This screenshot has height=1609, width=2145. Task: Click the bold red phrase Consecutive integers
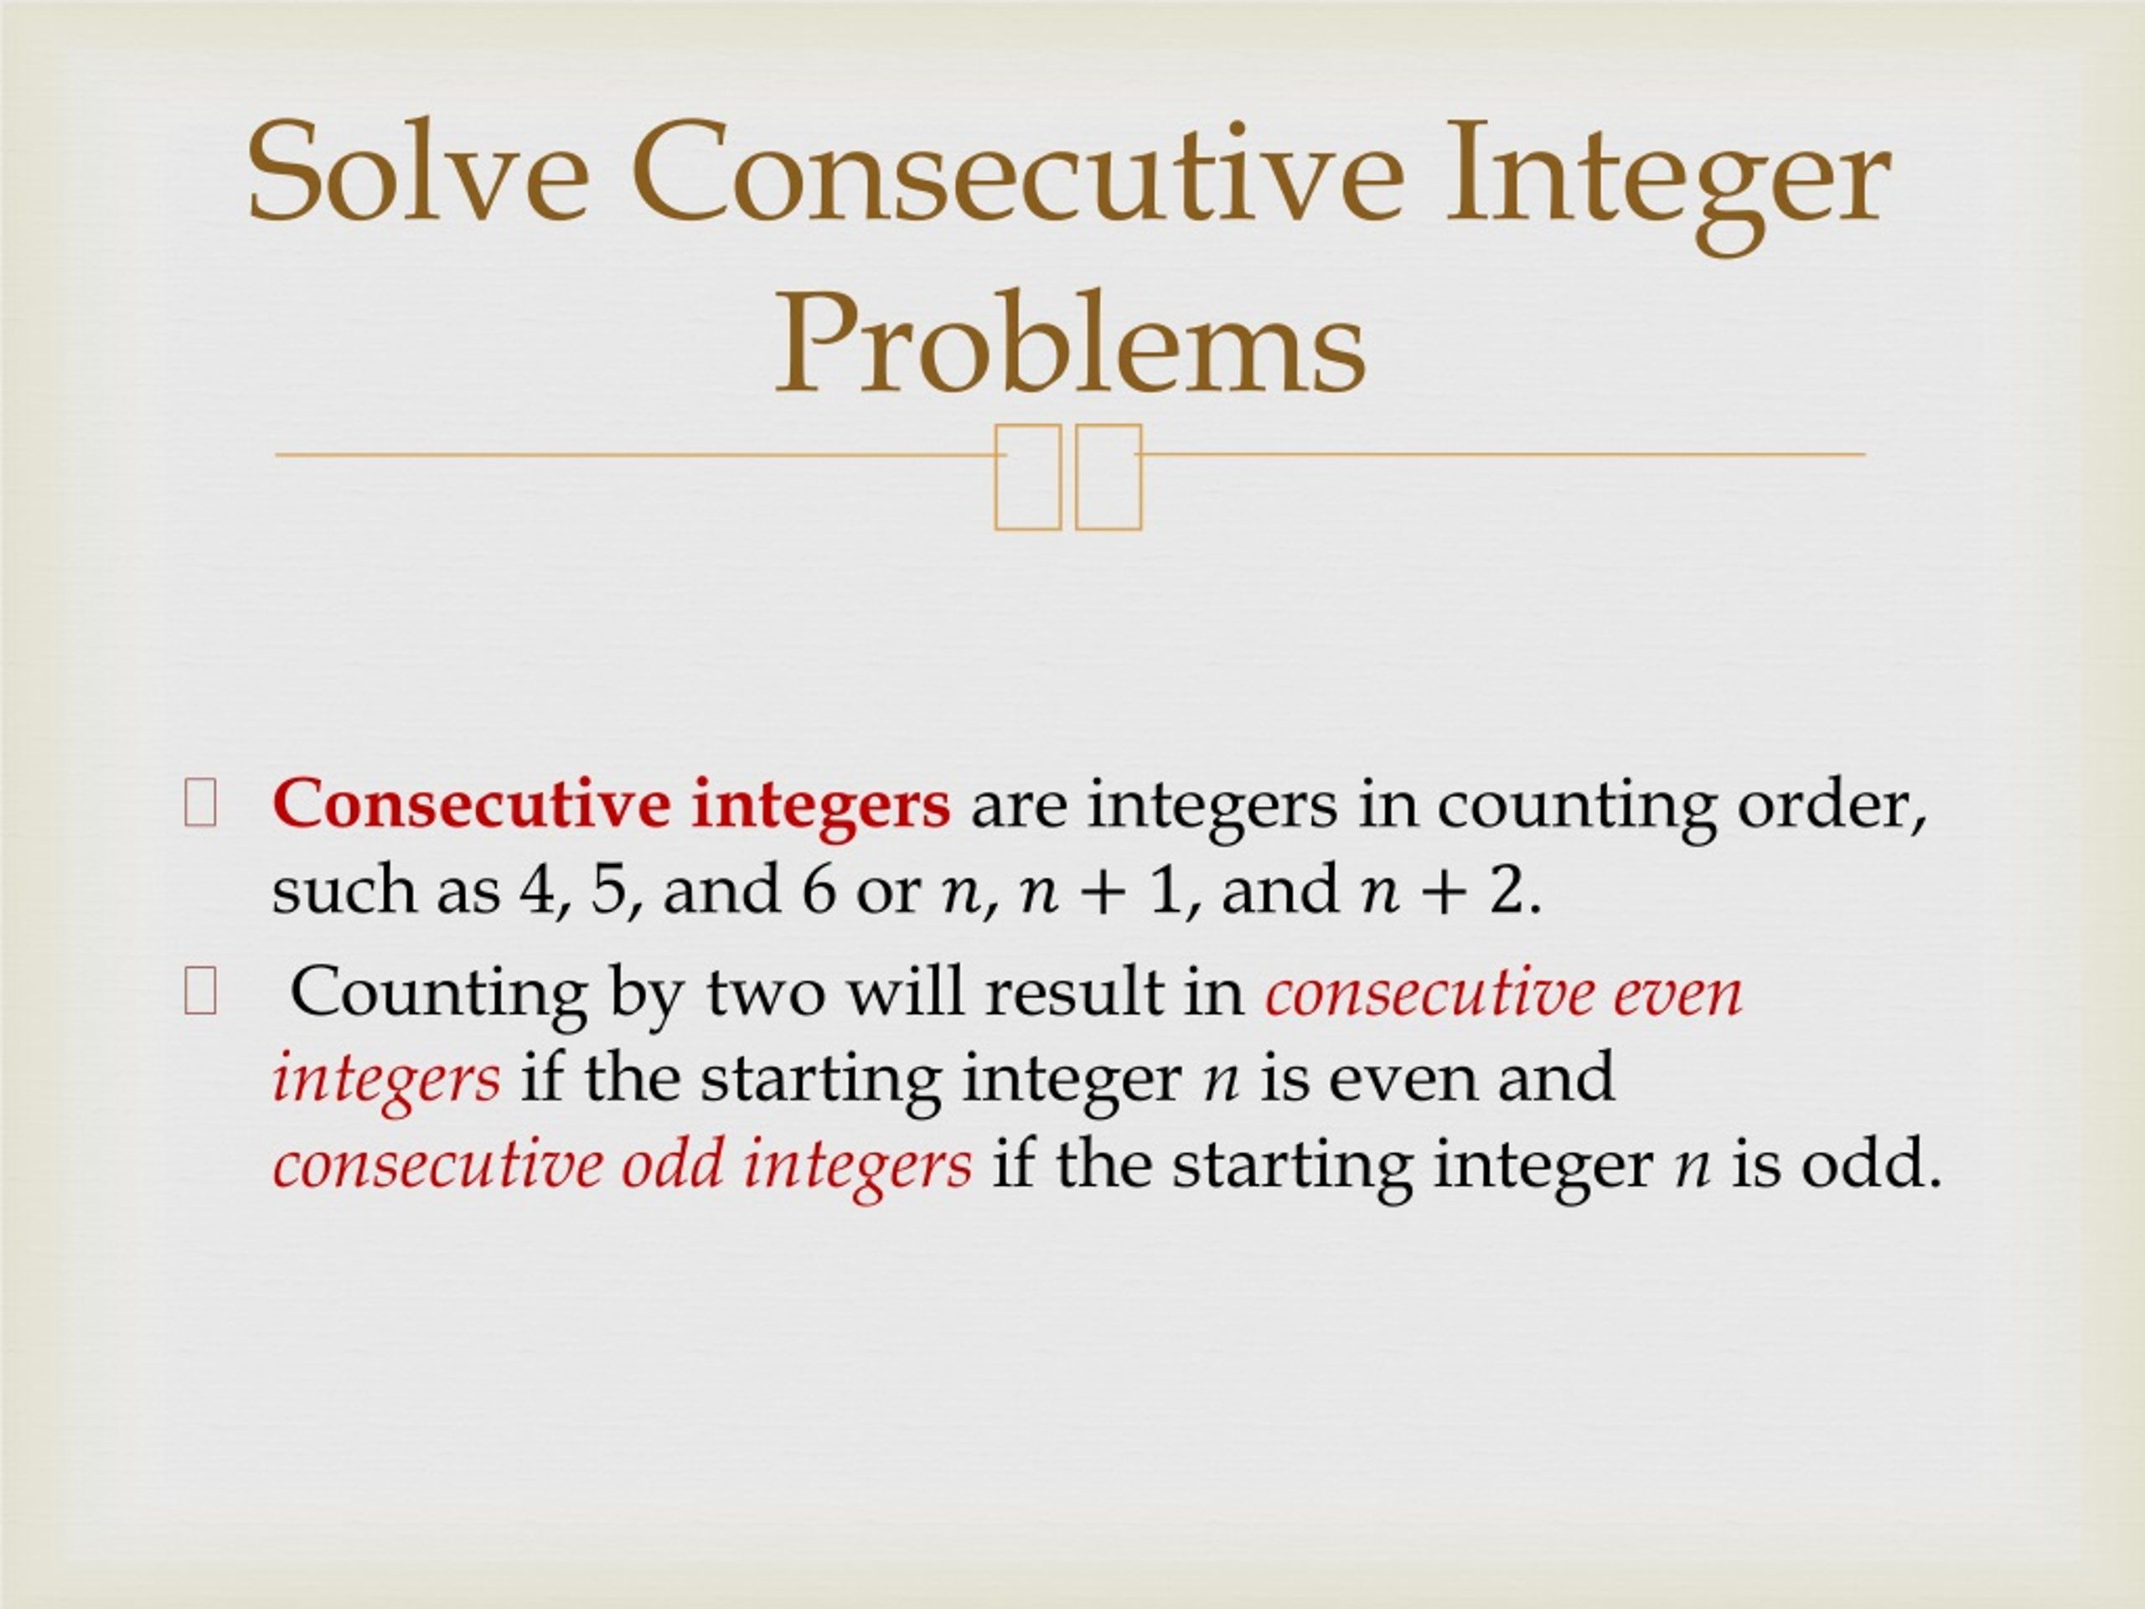click(x=612, y=806)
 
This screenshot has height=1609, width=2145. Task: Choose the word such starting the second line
click(x=344, y=890)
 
